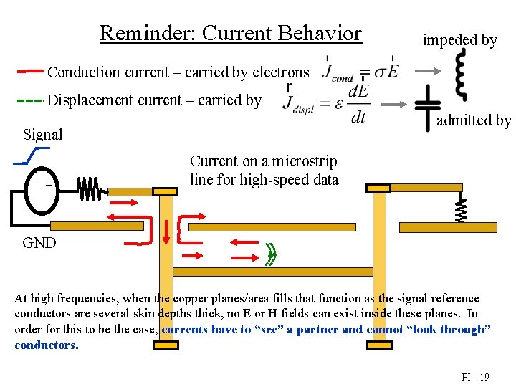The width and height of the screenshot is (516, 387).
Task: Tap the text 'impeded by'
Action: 459,40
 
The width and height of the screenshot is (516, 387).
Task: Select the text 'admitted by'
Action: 474,120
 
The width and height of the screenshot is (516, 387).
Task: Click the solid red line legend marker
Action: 30,71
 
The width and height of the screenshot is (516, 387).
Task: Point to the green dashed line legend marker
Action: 30,101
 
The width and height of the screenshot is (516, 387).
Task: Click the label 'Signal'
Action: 42,134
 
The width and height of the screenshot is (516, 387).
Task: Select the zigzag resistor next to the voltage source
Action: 88,189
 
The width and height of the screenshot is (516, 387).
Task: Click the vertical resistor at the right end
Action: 462,209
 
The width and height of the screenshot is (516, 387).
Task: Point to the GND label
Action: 39,242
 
